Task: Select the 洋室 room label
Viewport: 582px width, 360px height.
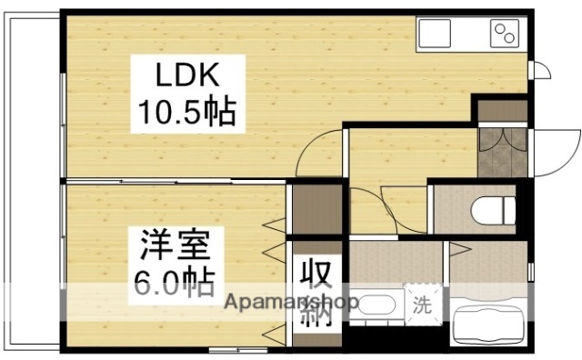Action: pos(176,245)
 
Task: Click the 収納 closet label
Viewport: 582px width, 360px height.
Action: pos(316,291)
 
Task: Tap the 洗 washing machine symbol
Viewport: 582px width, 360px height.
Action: pos(422,302)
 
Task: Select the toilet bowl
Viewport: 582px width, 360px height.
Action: pos(492,210)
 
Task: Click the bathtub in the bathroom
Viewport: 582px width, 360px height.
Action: pos(487,322)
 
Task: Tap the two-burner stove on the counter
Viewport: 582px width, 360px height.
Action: pos(503,35)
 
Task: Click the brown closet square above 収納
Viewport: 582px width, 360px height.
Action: pos(316,210)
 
